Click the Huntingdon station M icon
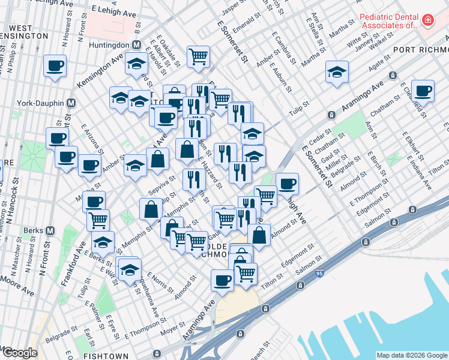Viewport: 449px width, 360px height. click(x=136, y=46)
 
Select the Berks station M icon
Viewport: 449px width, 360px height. click(x=50, y=230)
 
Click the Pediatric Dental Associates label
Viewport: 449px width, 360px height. click(x=388, y=21)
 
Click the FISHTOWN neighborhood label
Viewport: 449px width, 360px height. click(x=106, y=355)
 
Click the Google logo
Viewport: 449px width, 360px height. click(x=20, y=353)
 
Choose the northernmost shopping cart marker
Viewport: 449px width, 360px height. click(x=198, y=56)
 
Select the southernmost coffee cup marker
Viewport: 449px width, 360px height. click(x=223, y=280)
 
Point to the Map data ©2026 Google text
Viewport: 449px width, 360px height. click(x=411, y=355)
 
